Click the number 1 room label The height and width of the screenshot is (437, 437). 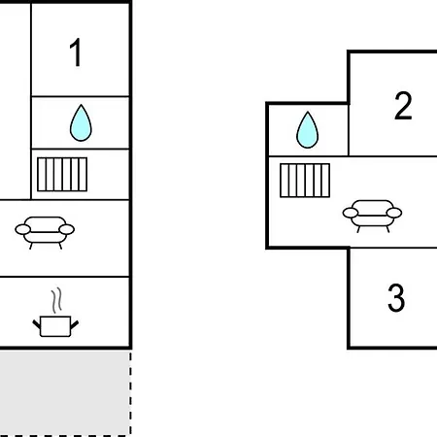pyautogui.click(x=76, y=52)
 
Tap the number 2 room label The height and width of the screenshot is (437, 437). pyautogui.click(x=403, y=106)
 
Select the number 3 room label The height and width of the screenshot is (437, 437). pyautogui.click(x=396, y=297)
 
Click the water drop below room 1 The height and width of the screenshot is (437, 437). pyautogui.click(x=81, y=122)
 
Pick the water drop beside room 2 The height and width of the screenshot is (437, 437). pyautogui.click(x=307, y=130)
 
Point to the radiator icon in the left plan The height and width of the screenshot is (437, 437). pyautogui.click(x=62, y=174)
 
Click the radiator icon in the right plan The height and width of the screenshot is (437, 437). pyautogui.click(x=305, y=181)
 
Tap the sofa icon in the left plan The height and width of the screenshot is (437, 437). pyautogui.click(x=45, y=233)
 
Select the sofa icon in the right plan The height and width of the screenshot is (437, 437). pyautogui.click(x=372, y=217)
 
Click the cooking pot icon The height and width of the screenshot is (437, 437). pyautogui.click(x=55, y=326)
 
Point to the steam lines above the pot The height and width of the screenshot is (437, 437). pyautogui.click(x=56, y=300)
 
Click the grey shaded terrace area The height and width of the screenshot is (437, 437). pyautogui.click(x=65, y=392)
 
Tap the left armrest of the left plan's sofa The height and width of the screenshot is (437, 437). pyautogui.click(x=22, y=229)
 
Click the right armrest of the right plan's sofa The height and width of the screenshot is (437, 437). pyautogui.click(x=394, y=213)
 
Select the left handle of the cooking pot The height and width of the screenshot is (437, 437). pyautogui.click(x=37, y=324)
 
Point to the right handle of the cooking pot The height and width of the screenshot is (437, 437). pyautogui.click(x=75, y=324)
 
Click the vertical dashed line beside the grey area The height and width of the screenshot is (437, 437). pyautogui.click(x=131, y=393)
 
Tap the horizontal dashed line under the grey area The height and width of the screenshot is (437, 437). pyautogui.click(x=65, y=436)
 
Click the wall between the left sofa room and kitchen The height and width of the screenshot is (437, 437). pyautogui.click(x=65, y=277)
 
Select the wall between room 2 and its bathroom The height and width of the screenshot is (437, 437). pyautogui.click(x=349, y=130)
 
